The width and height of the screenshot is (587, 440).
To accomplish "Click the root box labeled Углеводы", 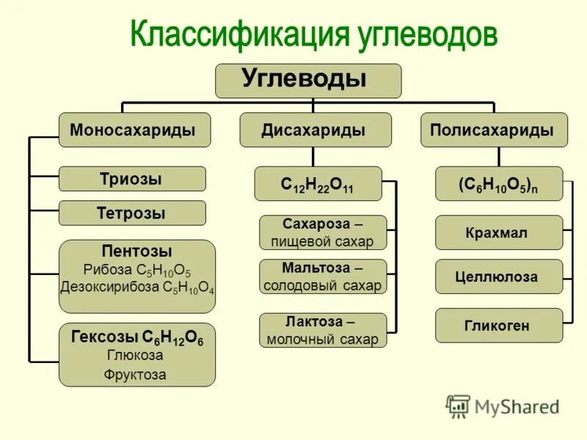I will [x=308, y=80].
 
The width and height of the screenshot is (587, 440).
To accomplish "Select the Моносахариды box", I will [x=134, y=130].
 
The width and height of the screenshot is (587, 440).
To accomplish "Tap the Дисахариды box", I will [x=313, y=130].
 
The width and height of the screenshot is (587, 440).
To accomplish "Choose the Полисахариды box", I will [x=494, y=130].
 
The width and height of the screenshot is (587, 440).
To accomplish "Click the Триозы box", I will [x=132, y=178].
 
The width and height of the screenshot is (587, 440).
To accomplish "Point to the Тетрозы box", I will [x=132, y=213].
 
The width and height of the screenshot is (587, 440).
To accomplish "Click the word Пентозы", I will [x=137, y=252].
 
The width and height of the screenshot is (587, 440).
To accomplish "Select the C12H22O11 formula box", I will [x=318, y=183].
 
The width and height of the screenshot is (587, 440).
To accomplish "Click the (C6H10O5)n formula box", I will [x=499, y=183].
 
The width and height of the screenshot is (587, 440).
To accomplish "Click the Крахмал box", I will [x=499, y=232].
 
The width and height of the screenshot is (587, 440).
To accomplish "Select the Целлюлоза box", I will [x=499, y=276].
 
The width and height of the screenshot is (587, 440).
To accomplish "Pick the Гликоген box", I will [x=499, y=326].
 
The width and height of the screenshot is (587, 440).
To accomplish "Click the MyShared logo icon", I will [x=459, y=406].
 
